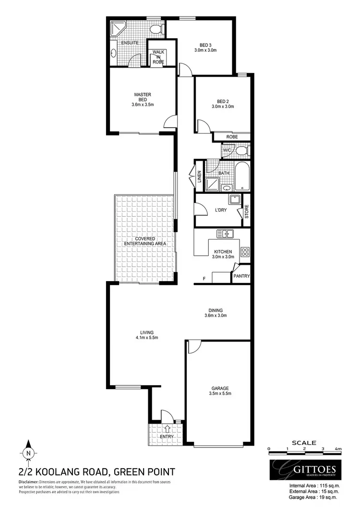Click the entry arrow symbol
click(167, 428)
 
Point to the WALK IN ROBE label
click(158, 57)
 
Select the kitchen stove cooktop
click(245, 251)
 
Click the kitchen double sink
click(225, 234)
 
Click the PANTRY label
click(240, 276)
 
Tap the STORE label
click(247, 212)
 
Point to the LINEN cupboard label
click(199, 177)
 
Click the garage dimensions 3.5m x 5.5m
click(221, 394)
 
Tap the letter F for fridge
click(204, 278)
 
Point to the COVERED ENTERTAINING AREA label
click(144, 241)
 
